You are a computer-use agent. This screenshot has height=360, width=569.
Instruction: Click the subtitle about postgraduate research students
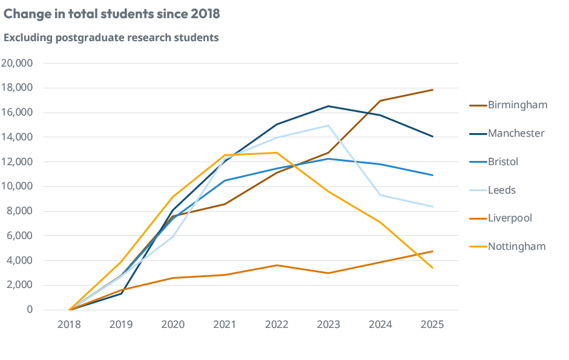[111, 38]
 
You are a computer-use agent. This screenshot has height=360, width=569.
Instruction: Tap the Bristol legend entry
[503, 162]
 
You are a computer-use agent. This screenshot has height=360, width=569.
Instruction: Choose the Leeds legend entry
[502, 190]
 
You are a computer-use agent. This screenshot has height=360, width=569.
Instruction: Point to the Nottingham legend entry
[516, 246]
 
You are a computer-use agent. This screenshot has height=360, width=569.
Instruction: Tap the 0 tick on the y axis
[30, 310]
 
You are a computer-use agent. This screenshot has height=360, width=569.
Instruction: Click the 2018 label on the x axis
[70, 324]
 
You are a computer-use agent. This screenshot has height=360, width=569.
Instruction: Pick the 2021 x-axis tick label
[225, 324]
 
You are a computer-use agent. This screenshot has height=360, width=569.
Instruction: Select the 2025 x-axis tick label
[432, 324]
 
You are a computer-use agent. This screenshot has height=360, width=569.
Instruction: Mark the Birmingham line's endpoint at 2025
[432, 90]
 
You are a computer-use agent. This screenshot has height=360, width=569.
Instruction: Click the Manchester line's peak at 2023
[328, 106]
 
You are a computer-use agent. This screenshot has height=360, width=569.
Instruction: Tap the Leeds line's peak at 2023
[328, 126]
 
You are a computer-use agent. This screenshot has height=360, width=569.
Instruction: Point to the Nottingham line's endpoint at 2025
[432, 267]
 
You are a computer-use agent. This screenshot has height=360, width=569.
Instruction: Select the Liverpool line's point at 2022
[277, 265]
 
